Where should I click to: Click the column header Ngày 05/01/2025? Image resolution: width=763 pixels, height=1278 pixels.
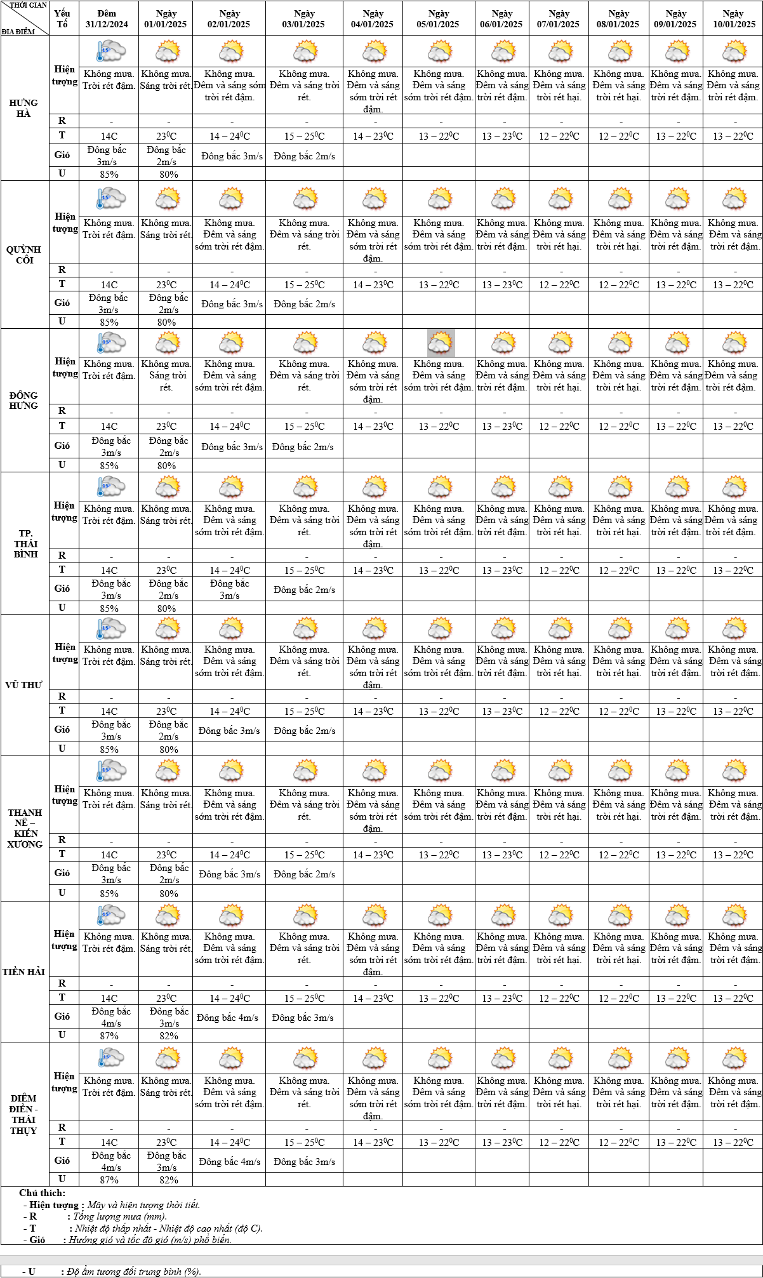(x=438, y=19)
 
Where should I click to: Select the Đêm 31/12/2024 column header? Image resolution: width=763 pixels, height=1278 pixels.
(x=107, y=19)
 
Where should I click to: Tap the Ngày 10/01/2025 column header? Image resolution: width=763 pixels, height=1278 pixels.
(x=733, y=19)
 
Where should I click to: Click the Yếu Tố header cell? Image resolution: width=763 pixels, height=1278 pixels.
(x=62, y=19)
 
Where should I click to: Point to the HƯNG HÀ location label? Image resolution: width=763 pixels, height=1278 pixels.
(x=23, y=108)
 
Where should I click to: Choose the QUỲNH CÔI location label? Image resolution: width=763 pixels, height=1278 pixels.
(x=24, y=255)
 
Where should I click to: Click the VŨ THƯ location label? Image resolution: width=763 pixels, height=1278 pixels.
(x=23, y=685)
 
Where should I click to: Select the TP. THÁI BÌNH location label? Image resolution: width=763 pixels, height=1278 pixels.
(x=25, y=543)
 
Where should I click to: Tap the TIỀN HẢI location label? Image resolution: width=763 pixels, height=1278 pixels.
(x=23, y=972)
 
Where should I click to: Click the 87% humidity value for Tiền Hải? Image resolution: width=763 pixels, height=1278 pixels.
(x=109, y=1035)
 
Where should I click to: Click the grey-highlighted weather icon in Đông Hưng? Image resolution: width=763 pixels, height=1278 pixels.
(x=441, y=343)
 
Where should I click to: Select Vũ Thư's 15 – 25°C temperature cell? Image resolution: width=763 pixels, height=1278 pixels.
(x=304, y=712)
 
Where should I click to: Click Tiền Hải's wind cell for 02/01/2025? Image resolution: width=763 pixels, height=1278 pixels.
(x=228, y=1018)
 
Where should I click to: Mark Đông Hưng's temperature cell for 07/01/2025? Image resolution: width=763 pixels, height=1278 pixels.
(x=559, y=427)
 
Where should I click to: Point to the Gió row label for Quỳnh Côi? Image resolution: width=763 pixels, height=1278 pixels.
(x=62, y=303)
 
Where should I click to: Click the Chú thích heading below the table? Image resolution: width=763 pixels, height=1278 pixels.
(x=42, y=1193)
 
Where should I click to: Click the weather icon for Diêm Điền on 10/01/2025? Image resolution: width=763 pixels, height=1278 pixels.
(x=734, y=1058)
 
